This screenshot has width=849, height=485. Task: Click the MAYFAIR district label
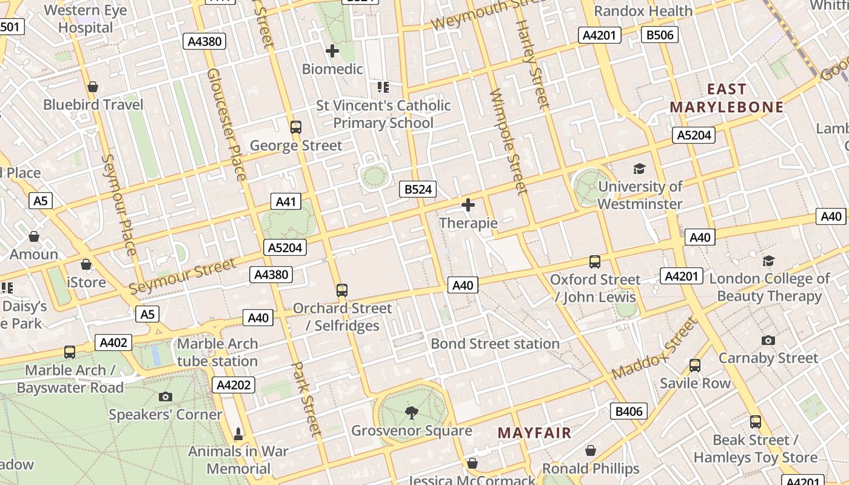[534, 433]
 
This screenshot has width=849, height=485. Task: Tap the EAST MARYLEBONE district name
[727, 98]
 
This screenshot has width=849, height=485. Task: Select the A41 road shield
[285, 202]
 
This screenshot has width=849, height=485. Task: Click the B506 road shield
[659, 35]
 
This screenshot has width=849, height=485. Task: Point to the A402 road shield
[113, 343]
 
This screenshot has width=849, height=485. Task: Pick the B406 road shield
[628, 412]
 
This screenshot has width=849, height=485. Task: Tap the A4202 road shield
[233, 385]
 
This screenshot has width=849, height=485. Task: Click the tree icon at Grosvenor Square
[412, 413]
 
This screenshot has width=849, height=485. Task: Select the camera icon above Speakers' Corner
[165, 397]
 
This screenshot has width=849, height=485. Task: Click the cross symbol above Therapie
[468, 206]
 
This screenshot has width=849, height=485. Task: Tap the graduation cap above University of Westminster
[639, 169]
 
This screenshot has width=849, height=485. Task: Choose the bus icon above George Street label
[296, 127]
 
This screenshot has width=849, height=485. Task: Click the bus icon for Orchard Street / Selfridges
[342, 290]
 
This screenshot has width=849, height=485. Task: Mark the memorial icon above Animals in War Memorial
[238, 434]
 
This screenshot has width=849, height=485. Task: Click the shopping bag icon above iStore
[86, 265]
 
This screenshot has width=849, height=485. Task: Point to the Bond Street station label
[495, 344]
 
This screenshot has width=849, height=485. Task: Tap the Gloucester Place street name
[226, 124]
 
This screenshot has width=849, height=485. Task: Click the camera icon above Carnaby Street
[768, 340]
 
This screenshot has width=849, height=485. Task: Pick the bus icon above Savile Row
[695, 366]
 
